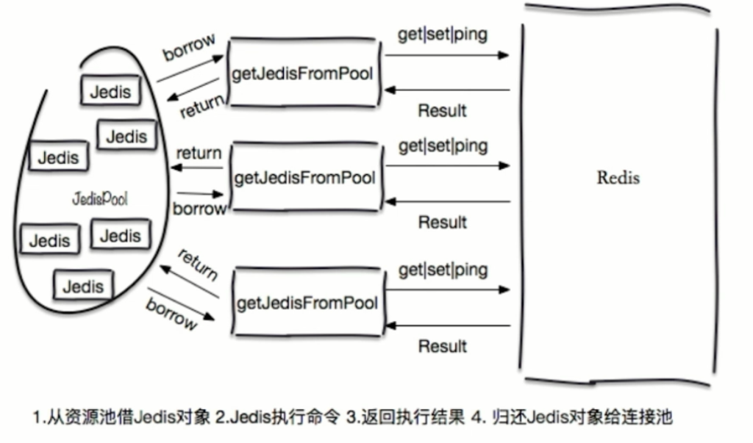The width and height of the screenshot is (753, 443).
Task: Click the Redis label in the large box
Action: click(x=618, y=178)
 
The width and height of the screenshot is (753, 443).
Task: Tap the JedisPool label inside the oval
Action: click(x=100, y=199)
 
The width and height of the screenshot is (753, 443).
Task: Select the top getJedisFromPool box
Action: click(x=304, y=73)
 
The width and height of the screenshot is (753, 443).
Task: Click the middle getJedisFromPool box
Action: click(x=305, y=178)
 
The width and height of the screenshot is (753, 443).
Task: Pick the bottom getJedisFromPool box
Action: click(x=307, y=303)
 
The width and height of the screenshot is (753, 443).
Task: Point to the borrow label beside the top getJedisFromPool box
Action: click(x=188, y=47)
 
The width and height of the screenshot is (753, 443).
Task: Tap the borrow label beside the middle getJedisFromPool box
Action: click(x=199, y=209)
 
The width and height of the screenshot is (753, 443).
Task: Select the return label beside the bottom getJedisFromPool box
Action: click(x=197, y=264)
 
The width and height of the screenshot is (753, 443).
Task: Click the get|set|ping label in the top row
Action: click(x=443, y=35)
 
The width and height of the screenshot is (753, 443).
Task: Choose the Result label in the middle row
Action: click(x=443, y=221)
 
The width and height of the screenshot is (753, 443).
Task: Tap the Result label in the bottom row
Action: click(x=443, y=346)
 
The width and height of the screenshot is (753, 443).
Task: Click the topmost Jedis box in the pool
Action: click(x=110, y=92)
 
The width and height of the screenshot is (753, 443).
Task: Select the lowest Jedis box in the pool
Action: click(x=83, y=287)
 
